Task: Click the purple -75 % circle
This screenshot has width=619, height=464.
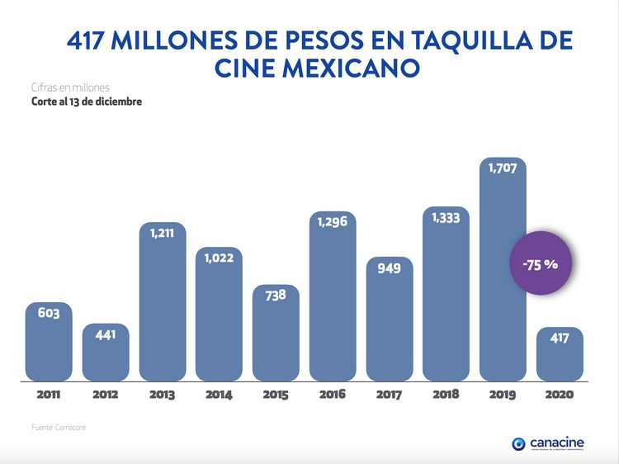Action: coord(541,265)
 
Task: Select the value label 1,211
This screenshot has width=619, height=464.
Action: coord(163,234)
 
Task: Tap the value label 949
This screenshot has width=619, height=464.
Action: coord(390,268)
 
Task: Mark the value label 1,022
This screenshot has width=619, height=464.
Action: coord(220,258)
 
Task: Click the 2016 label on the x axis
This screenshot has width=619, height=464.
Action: coord(333,395)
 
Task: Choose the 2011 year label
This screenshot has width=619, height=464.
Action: coord(49,395)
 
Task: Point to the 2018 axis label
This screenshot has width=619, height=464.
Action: coord(446,395)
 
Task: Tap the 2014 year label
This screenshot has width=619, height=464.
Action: coord(219,395)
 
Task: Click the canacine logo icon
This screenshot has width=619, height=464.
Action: coord(518,443)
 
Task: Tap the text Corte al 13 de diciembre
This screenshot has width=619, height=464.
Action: coord(75,102)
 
